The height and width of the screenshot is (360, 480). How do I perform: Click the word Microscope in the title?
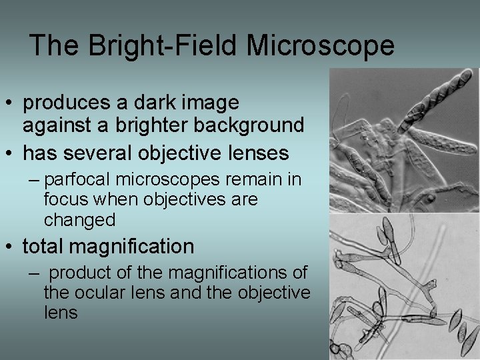click(x=321, y=45)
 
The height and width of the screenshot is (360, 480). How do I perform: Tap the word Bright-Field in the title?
click(x=161, y=45)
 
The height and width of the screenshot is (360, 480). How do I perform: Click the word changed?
click(x=80, y=219)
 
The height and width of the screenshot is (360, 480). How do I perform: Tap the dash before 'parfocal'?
click(x=33, y=181)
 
